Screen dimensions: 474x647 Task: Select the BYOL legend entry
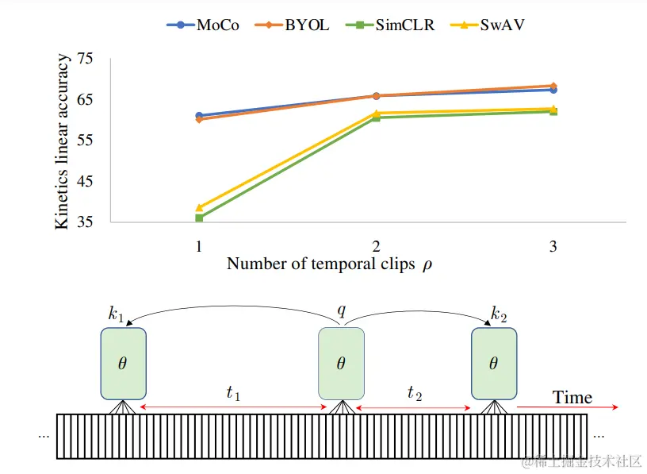(x=298, y=25)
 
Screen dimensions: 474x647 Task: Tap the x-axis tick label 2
(x=375, y=246)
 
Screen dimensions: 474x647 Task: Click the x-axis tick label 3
(x=553, y=246)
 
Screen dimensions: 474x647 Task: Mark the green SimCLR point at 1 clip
(x=199, y=218)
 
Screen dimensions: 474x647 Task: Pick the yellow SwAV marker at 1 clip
(x=199, y=207)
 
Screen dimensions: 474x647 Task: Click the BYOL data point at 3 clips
(x=553, y=86)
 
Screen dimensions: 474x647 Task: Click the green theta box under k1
(x=123, y=364)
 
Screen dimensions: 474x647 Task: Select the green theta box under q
(x=341, y=364)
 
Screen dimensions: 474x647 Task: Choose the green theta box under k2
(x=494, y=364)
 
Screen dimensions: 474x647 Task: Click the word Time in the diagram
(x=572, y=397)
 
